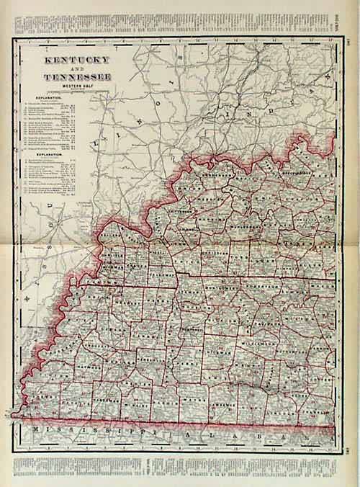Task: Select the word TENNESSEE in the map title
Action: (x=67, y=76)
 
